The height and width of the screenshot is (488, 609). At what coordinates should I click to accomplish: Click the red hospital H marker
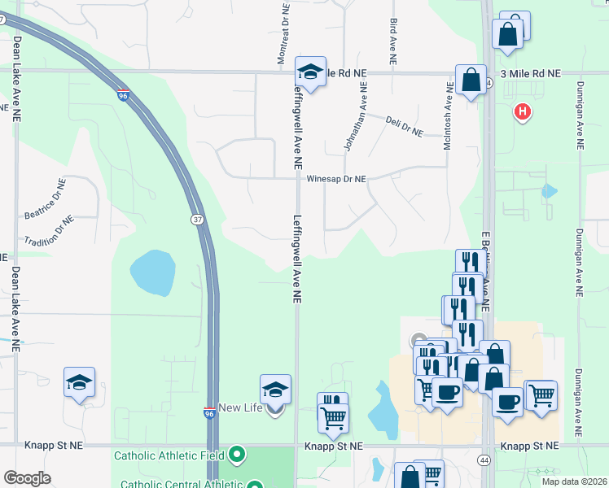click(522, 111)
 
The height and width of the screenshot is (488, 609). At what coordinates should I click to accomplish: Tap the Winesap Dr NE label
click(336, 179)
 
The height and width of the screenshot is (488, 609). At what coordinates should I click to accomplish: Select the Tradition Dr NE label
click(49, 230)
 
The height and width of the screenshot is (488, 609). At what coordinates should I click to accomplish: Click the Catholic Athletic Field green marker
click(237, 453)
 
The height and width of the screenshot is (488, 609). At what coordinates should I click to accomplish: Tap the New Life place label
click(243, 407)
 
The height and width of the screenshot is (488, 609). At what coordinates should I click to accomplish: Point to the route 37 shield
click(198, 220)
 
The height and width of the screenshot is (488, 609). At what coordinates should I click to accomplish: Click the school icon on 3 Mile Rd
click(310, 72)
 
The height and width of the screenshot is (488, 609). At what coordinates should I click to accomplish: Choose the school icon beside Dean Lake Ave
click(80, 382)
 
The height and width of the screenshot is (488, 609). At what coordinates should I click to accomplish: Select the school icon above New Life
click(275, 390)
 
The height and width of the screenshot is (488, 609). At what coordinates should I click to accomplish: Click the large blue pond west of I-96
click(152, 272)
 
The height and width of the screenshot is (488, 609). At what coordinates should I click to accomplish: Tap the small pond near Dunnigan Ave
click(549, 192)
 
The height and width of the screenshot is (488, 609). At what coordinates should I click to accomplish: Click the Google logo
click(27, 477)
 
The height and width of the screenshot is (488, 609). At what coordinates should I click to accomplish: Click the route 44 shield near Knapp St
click(485, 460)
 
